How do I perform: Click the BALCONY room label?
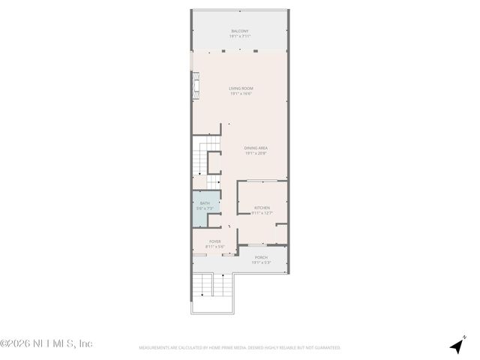241,31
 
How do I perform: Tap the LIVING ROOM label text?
241,88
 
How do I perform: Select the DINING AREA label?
256,148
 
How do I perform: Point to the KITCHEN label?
262,208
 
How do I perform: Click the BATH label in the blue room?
205,203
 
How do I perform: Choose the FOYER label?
215,241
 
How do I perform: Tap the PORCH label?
260,257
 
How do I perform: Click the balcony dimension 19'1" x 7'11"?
241,36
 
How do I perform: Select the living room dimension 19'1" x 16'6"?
241,94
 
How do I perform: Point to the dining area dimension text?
256,153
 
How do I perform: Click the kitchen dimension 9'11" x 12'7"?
262,213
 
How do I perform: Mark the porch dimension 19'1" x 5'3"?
260,262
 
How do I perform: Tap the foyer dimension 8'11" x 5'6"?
215,247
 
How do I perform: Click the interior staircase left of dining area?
199,159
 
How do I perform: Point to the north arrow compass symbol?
457,345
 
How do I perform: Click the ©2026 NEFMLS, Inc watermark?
46,344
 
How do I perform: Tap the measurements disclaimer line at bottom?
240,348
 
